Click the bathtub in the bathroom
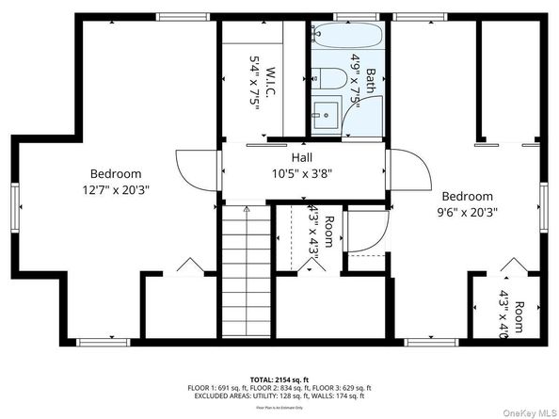pyautogui.click(x=347, y=39)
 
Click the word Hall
pyautogui.click(x=302, y=157)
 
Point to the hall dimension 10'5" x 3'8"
pyautogui.click(x=302, y=173)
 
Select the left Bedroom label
pyautogui.click(x=116, y=173)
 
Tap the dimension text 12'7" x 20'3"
pyautogui.click(x=116, y=189)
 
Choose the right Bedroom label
pyautogui.click(x=467, y=196)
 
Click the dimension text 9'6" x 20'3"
pyautogui.click(x=467, y=212)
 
